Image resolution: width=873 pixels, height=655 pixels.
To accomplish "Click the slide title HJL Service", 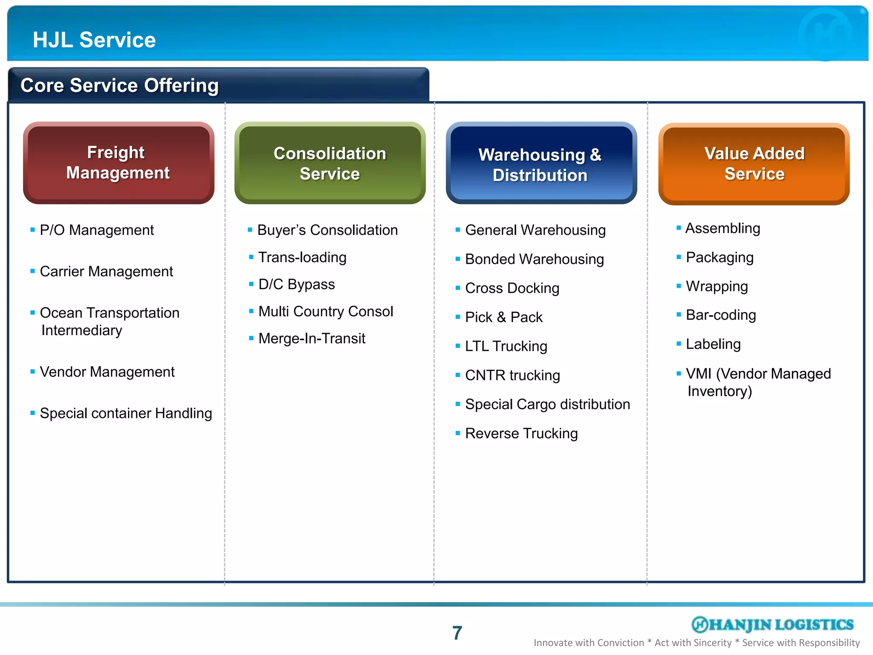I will tap(94, 40).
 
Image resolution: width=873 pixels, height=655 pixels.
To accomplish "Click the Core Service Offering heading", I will tap(119, 85).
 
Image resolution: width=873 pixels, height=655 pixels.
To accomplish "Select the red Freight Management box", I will tap(119, 163).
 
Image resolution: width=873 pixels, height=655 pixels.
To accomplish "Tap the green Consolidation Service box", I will tap(330, 163).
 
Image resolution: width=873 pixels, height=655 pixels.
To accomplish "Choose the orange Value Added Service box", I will tap(754, 164).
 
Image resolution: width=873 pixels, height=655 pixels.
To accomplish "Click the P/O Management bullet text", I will tap(97, 230).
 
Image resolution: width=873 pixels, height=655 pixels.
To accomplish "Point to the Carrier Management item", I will tap(106, 272).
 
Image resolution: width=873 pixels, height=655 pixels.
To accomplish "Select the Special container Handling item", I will tap(126, 413).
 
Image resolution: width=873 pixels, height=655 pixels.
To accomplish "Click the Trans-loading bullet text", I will tap(302, 258).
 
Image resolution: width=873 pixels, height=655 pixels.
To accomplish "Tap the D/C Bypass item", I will tap(297, 284).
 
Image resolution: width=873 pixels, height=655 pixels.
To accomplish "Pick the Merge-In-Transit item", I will tap(312, 339).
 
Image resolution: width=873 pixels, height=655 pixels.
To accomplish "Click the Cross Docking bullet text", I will tap(512, 288).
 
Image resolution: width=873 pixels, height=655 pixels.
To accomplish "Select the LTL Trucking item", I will tap(506, 346).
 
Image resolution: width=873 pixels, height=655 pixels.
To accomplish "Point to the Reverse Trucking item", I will tap(521, 434).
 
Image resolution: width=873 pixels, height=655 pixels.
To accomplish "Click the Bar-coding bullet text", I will tap(721, 315).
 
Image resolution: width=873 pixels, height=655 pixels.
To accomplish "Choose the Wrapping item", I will tap(717, 287).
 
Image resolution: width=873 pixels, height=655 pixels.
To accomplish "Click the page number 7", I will tap(457, 633).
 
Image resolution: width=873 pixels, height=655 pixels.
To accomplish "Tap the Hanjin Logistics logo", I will tap(772, 624).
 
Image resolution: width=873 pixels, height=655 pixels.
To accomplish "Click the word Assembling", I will tap(723, 229).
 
